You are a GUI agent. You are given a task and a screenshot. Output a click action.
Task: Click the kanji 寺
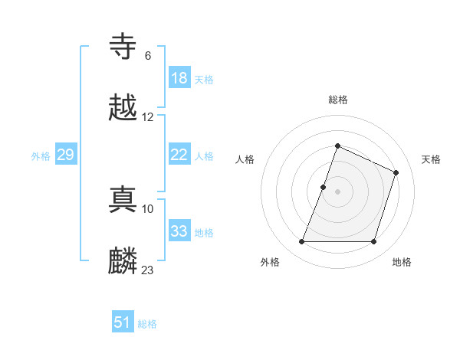click(123, 47)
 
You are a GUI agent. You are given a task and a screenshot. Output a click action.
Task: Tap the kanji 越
click(123, 108)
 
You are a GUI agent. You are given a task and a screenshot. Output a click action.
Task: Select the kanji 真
click(123, 198)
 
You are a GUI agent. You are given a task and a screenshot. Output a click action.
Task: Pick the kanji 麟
click(123, 260)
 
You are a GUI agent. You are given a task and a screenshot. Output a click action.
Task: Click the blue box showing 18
click(179, 78)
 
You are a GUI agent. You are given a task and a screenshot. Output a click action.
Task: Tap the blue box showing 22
click(179, 155)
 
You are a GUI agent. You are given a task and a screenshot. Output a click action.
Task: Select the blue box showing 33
click(179, 231)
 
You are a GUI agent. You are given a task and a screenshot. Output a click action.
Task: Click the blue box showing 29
click(65, 155)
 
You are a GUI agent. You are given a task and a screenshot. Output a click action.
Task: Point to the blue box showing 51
click(123, 322)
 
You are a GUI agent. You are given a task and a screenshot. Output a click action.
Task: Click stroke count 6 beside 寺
click(147, 55)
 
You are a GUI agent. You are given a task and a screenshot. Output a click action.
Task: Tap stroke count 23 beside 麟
click(147, 270)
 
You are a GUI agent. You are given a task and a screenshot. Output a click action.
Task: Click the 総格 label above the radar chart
click(337, 100)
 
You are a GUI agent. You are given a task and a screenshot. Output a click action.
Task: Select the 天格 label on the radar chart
click(431, 159)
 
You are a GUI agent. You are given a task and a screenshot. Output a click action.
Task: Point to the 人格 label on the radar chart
click(245, 159)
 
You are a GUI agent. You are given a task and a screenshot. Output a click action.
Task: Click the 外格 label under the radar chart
click(270, 262)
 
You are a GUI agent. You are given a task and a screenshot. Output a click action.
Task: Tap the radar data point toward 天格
click(396, 172)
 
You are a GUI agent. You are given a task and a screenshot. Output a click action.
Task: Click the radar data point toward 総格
click(337, 146)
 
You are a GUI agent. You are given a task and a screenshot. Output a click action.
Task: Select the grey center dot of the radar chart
click(337, 191)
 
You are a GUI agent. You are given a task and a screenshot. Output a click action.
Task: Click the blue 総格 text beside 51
click(147, 324)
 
